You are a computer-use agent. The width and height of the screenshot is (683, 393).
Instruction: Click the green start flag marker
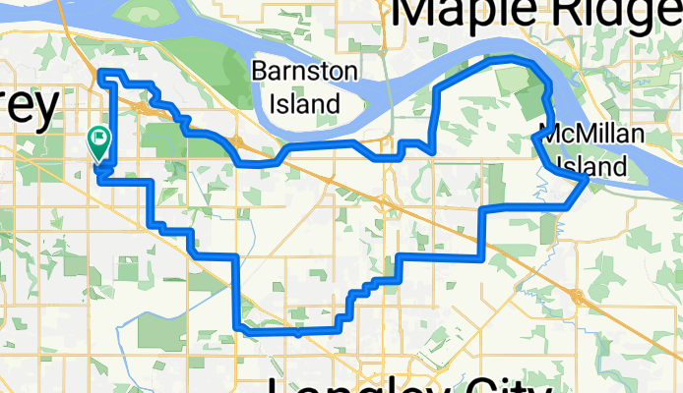(x=99, y=142)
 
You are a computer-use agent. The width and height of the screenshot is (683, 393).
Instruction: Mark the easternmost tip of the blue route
(x=588, y=179)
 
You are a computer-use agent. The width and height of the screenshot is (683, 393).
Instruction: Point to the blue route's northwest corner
(x=101, y=72)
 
